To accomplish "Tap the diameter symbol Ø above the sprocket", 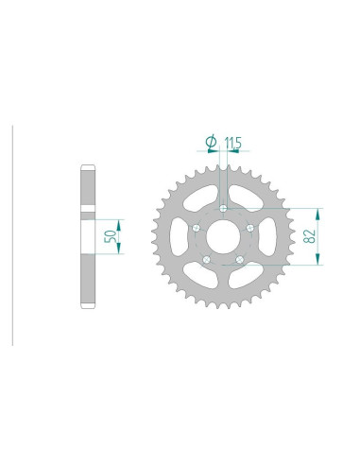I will pos(211,142).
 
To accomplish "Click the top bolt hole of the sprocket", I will pos(222,209).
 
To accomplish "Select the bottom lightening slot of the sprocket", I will pos(222,284).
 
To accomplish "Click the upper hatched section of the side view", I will pos(85,190).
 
